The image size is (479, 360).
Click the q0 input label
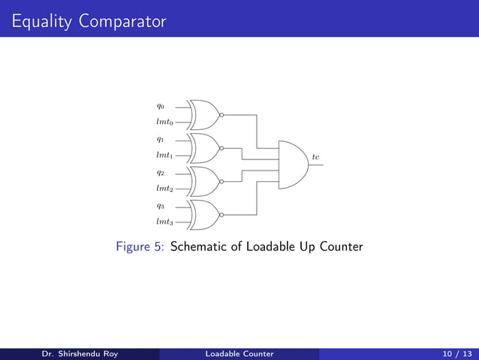[161, 107]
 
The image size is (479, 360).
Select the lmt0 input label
[164, 123]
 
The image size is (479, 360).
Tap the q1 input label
[161, 140]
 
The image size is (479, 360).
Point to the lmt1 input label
[164, 156]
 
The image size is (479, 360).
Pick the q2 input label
[161, 173]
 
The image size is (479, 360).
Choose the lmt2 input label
[164, 189]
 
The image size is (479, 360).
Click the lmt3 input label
[164, 222]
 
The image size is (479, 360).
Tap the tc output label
[316, 156]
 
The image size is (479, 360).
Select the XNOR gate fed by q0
[204, 115]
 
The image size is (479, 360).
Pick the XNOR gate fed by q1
[204, 148]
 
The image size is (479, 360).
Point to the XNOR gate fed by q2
[204, 181]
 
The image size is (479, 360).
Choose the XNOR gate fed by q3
[204, 214]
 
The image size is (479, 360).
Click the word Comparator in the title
[121, 22]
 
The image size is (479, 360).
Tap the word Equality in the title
[41, 22]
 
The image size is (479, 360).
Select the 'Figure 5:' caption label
[141, 247]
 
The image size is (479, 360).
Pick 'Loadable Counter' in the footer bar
[239, 354]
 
